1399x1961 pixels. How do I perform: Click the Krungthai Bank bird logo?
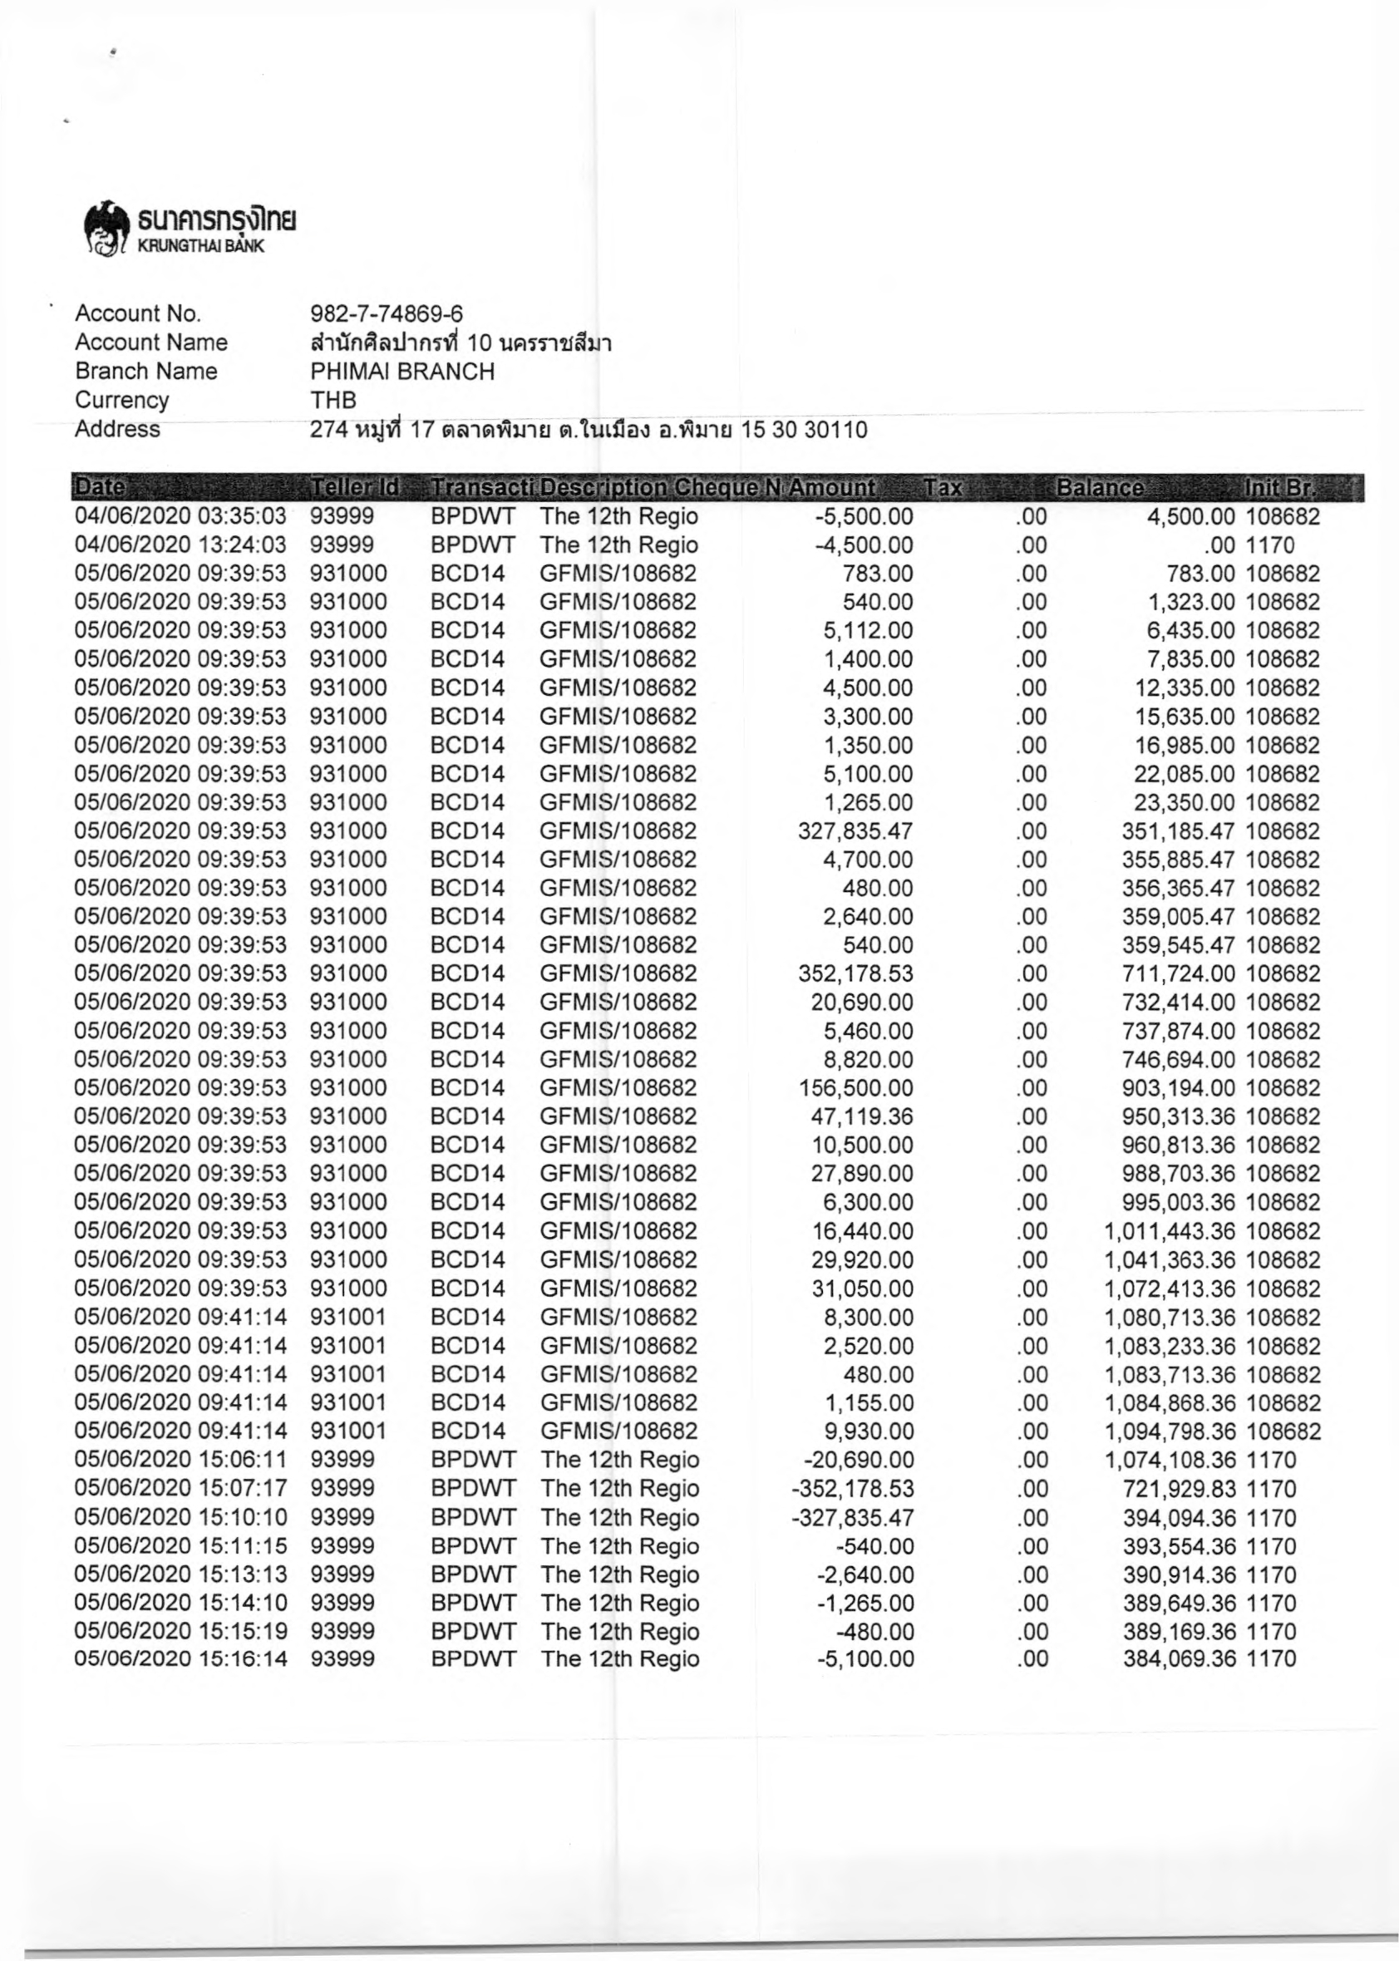[106, 230]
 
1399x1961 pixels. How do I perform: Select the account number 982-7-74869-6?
[386, 313]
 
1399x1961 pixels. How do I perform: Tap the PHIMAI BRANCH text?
[402, 372]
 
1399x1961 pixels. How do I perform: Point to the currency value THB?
[333, 401]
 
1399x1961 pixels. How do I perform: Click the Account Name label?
[150, 342]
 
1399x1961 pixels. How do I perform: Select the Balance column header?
[1100, 488]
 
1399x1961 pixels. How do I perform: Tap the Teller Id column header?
[355, 488]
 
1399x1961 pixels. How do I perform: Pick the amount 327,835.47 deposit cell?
[855, 831]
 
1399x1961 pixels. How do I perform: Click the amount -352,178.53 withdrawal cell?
[852, 1489]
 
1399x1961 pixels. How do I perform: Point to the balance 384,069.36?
[1179, 1658]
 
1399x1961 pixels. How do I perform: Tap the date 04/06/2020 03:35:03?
[180, 517]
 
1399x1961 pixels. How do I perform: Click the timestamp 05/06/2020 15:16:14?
[180, 1658]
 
